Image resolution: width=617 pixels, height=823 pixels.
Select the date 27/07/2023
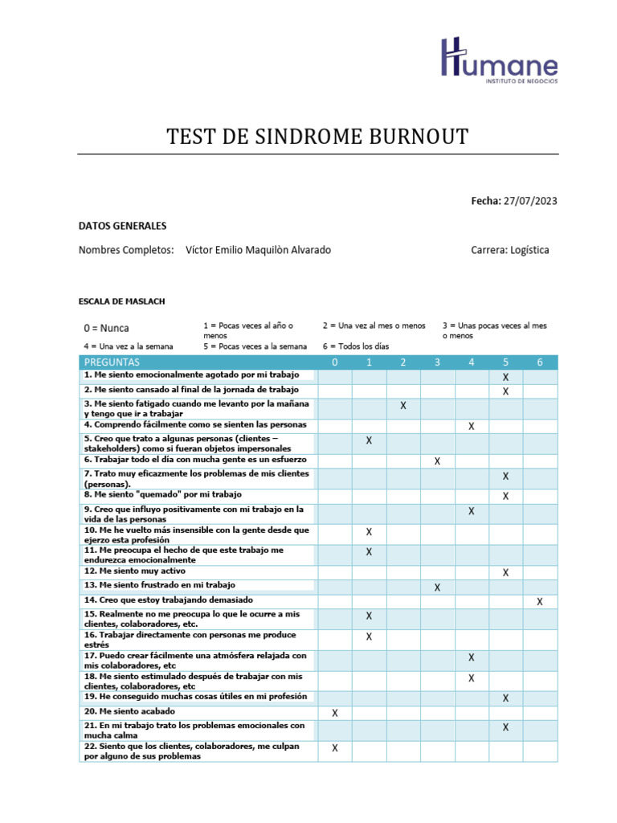pos(529,200)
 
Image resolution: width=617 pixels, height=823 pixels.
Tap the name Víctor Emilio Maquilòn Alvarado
pos(258,250)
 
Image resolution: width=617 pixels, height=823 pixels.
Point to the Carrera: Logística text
pos(510,250)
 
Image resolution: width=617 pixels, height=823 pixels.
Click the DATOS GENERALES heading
pos(122,226)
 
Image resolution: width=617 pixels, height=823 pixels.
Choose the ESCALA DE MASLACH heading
pos(121,301)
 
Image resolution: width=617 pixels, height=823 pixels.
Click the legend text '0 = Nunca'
pos(106,328)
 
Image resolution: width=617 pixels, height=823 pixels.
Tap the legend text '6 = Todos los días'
pos(356,346)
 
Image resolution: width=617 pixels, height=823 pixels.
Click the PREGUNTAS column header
pos(112,362)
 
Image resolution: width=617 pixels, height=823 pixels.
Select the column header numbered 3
pos(437,362)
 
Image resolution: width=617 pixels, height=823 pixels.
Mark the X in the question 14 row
pos(540,601)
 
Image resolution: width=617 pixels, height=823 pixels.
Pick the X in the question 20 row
pos(335,713)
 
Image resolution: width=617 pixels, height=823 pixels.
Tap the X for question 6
pos(437,461)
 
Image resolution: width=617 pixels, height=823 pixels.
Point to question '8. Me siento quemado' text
pos(162,495)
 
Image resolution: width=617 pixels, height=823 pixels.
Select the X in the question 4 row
pos(472,426)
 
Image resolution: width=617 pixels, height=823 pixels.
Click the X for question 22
pos(335,748)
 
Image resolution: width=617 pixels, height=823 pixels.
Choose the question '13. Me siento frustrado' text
pos(159,585)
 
